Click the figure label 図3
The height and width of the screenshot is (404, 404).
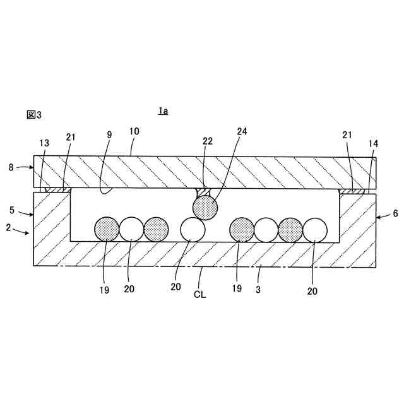(x=33, y=114)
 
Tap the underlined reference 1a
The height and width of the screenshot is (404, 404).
(x=163, y=111)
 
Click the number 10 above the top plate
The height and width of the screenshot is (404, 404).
(x=134, y=131)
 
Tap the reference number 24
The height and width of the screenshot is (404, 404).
(x=242, y=132)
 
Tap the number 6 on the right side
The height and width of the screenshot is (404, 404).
(x=395, y=213)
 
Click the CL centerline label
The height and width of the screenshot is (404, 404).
(x=201, y=294)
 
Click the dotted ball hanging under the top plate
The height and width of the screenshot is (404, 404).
(x=205, y=207)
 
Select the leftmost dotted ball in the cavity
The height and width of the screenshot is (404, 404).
(x=107, y=229)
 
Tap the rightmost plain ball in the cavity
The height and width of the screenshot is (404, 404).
(x=315, y=229)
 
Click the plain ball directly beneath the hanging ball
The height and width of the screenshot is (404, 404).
(x=193, y=229)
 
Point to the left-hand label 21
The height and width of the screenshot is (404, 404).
(x=70, y=136)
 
